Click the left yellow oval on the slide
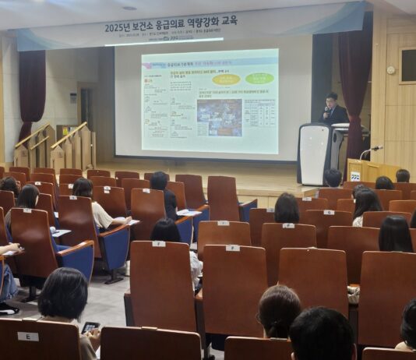(x=226, y=79)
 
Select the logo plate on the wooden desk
(x=355, y=176)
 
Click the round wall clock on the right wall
(x=391, y=70)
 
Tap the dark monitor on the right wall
(x=408, y=66)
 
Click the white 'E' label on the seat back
(x=28, y=337)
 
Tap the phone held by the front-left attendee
(x=90, y=327)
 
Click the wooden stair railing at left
(x=47, y=140)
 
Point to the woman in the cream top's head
(x=83, y=187)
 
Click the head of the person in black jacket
(x=159, y=181)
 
